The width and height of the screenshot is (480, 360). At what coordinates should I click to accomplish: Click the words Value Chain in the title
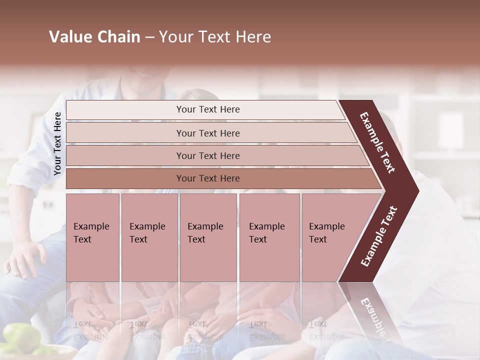point(94,37)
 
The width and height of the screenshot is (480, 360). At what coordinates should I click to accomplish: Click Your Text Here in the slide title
point(215,37)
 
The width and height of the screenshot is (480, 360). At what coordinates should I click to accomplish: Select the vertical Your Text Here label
point(57,143)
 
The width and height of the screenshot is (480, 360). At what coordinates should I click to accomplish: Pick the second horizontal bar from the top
point(207,133)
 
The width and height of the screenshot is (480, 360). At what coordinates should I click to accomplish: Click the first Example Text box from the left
point(92,237)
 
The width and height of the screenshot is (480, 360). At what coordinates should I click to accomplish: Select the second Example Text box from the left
point(149,237)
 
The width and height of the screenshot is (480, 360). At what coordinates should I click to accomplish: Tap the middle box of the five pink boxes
point(208,237)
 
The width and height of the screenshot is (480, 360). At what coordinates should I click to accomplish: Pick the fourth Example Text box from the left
point(269,237)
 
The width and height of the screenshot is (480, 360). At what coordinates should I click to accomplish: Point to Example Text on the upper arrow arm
point(378,142)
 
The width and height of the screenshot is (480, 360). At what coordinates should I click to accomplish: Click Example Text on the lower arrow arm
point(379,236)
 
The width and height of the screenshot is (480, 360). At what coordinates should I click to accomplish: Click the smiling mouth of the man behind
point(145,73)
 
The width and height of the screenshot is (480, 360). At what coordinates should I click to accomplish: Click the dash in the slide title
point(149,37)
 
